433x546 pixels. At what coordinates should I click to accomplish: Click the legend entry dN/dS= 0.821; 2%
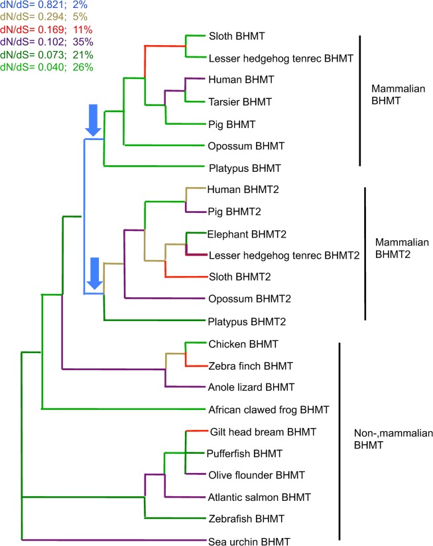(44, 5)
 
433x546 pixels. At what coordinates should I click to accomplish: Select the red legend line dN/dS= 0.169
(46, 30)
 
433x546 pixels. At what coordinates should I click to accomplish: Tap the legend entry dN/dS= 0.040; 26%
(46, 67)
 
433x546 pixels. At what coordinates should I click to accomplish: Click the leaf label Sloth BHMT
(237, 36)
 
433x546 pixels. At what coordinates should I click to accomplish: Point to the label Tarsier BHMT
(240, 102)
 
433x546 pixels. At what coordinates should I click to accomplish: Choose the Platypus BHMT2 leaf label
(247, 321)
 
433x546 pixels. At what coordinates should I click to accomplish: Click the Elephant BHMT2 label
(247, 234)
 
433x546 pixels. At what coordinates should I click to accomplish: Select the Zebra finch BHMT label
(251, 366)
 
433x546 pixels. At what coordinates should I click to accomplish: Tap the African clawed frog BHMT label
(269, 409)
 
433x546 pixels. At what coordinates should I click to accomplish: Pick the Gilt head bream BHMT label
(263, 432)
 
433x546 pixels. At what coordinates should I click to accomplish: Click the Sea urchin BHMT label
(249, 541)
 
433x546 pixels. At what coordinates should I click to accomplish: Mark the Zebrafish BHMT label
(247, 519)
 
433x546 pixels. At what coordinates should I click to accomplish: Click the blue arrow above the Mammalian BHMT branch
(93, 120)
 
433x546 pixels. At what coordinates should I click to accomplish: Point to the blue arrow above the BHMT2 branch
(95, 273)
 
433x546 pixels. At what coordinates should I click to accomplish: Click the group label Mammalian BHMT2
(402, 248)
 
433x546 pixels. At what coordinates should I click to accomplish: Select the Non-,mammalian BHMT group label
(393, 439)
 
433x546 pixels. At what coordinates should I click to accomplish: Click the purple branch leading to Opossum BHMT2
(164, 298)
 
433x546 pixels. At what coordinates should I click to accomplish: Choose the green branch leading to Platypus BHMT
(154, 166)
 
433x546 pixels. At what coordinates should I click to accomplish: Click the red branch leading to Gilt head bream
(197, 431)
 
